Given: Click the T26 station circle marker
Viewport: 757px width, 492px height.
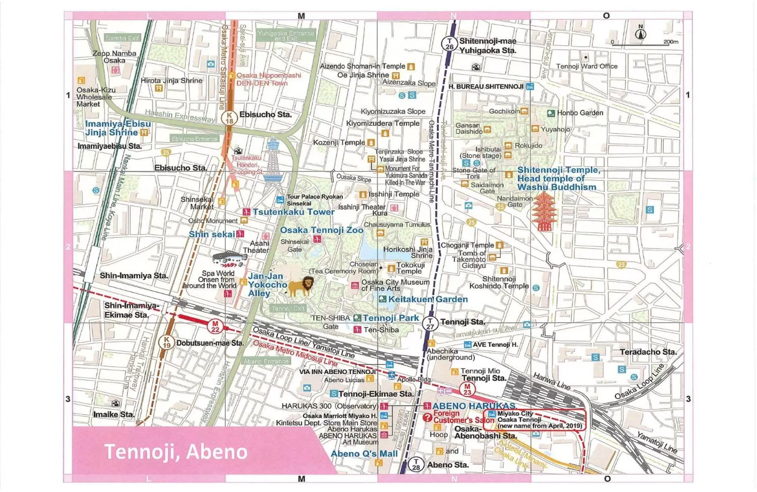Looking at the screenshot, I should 449,44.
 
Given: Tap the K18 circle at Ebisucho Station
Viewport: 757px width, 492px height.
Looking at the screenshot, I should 229,118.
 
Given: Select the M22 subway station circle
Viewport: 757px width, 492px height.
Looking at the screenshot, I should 215,326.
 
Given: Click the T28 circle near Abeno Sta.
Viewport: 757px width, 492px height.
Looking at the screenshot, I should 416,464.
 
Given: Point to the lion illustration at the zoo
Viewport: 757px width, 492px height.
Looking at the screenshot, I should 301,286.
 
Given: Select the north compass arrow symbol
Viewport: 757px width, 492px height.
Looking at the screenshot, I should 640,33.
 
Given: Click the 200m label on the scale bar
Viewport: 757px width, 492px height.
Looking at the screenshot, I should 670,42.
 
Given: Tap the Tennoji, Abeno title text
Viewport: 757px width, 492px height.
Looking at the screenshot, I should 176,452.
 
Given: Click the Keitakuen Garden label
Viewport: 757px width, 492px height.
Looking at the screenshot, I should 428,299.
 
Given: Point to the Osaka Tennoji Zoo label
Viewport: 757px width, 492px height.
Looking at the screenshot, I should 321,230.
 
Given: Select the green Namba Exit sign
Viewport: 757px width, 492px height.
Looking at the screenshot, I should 122,38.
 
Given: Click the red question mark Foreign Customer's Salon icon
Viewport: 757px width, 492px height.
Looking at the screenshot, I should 427,417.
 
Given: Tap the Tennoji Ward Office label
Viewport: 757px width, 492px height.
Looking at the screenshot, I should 587,66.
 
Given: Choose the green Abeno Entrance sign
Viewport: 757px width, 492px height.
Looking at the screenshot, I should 266,361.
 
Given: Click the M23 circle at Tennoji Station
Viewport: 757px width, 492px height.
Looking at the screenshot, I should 467,389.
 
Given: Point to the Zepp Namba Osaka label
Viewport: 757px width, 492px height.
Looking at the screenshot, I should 114,57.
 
